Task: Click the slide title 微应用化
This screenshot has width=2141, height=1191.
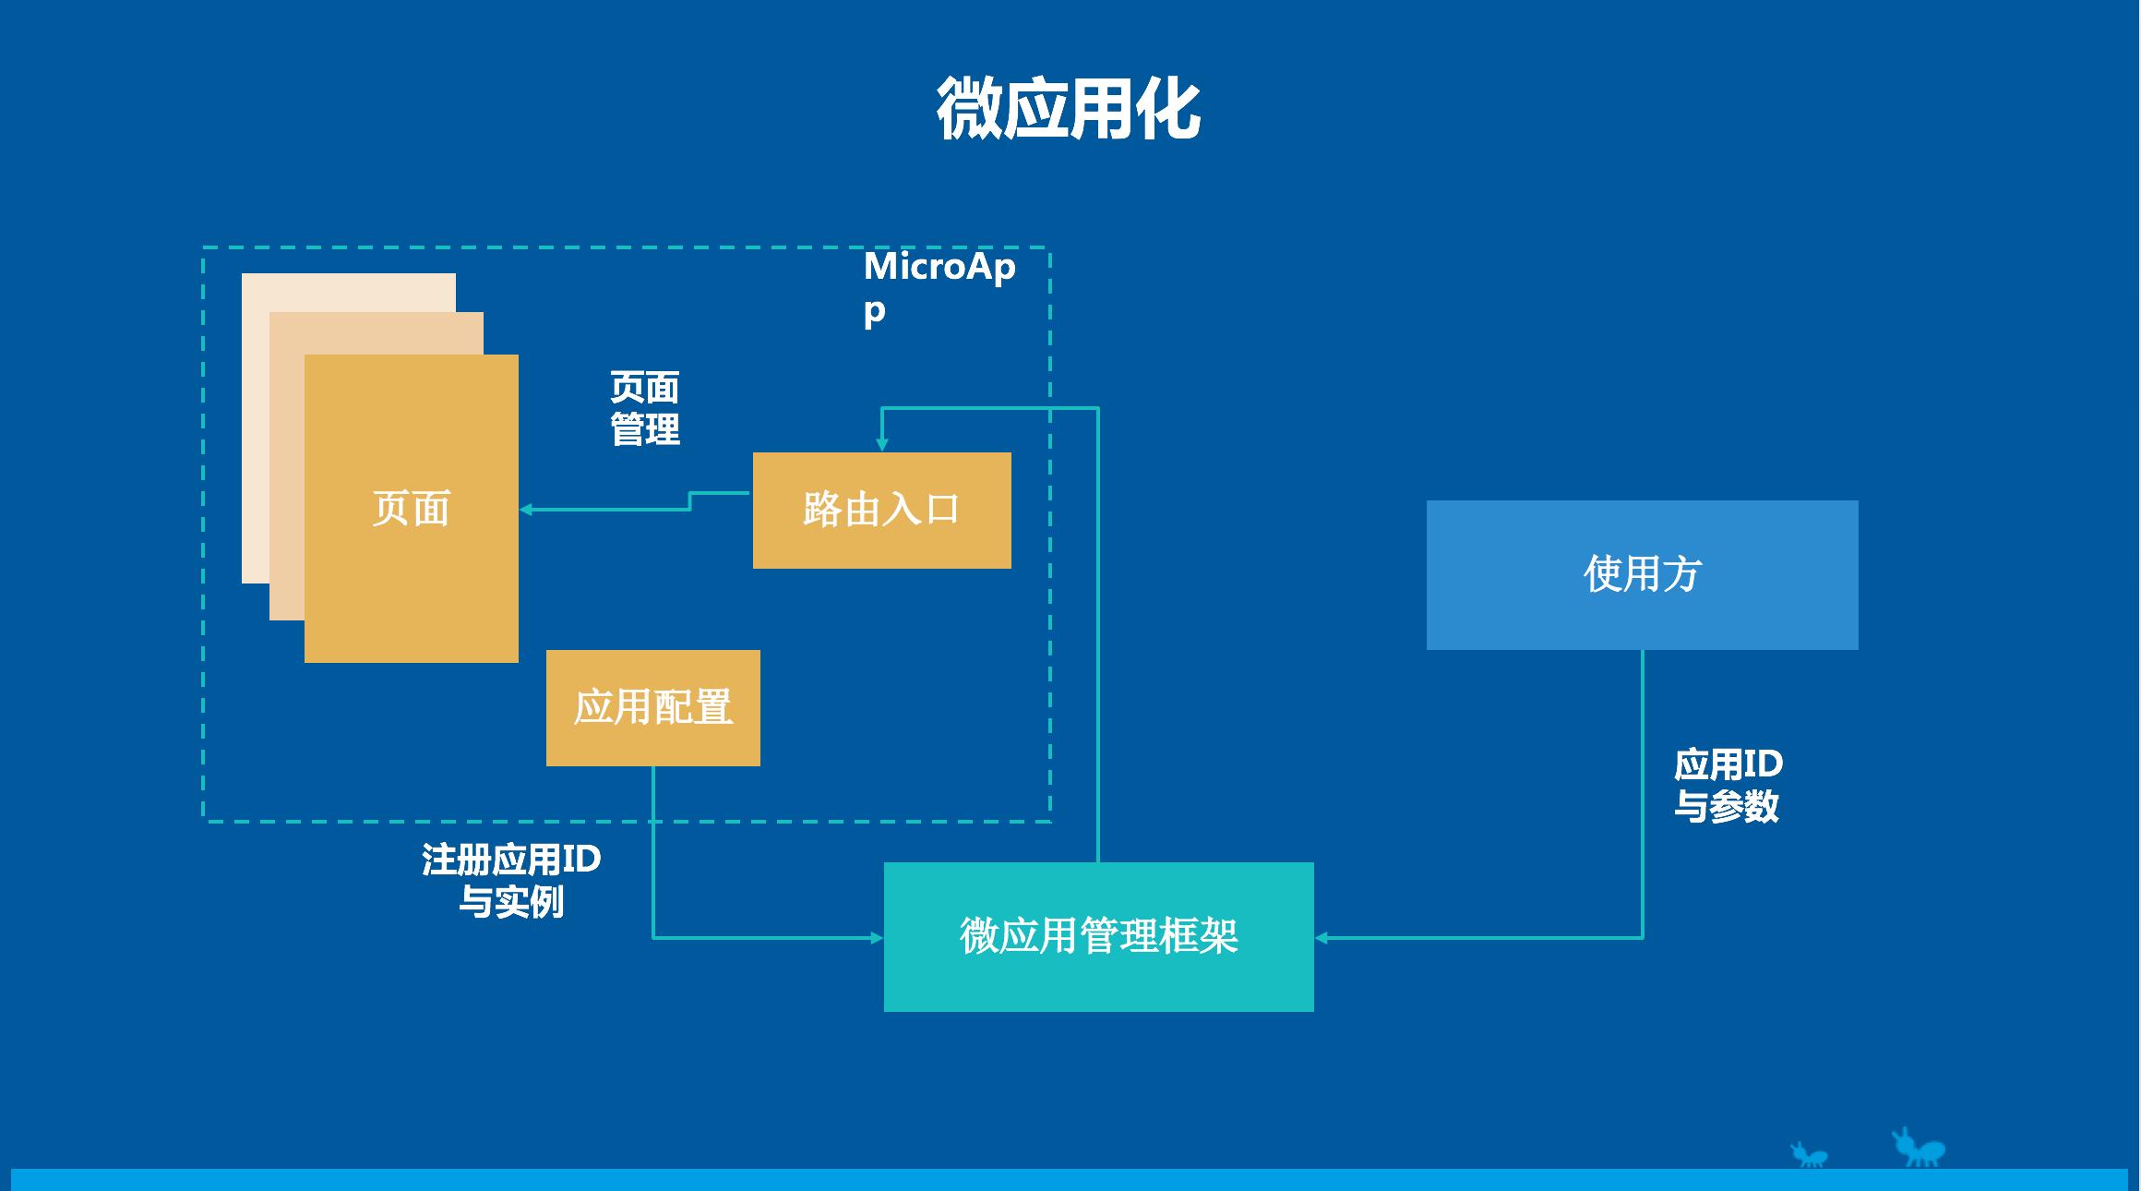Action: [1069, 109]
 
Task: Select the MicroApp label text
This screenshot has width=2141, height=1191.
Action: [938, 286]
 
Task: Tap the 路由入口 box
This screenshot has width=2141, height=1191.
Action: [881, 510]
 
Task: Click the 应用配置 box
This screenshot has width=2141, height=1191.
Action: [652, 707]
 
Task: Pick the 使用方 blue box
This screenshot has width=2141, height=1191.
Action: [1642, 574]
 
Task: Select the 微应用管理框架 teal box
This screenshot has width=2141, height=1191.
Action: [1098, 936]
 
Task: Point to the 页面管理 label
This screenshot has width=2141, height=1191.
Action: [644, 408]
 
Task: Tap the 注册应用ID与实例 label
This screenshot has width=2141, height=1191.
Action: [511, 880]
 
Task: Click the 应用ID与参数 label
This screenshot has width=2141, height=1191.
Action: [1728, 785]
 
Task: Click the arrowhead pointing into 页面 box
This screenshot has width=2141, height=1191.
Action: [526, 510]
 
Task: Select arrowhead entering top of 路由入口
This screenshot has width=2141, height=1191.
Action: [881, 445]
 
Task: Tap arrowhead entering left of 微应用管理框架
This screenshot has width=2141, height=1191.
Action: [877, 938]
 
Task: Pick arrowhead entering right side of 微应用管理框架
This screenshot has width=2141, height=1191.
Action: [1322, 938]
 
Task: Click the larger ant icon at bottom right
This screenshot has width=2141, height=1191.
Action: [1920, 1148]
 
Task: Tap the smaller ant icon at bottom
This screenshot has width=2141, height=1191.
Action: [1810, 1155]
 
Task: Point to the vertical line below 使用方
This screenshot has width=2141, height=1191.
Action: [1643, 794]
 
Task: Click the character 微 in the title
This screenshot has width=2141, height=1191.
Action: [969, 109]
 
